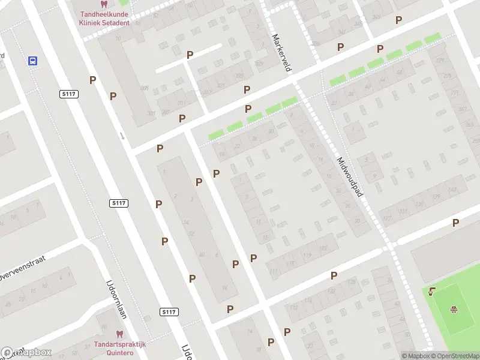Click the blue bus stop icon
tap(33, 61)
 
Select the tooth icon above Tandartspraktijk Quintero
tap(119, 334)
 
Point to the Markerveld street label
tap(281, 53)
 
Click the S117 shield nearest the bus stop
tap(68, 94)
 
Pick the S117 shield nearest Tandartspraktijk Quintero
tap(169, 312)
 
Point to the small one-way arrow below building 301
tap(122, 136)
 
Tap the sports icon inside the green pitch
tap(454, 310)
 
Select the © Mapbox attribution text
tap(415, 356)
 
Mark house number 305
tap(144, 88)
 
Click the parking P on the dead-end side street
tap(190, 55)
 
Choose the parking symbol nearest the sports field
tap(455, 223)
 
